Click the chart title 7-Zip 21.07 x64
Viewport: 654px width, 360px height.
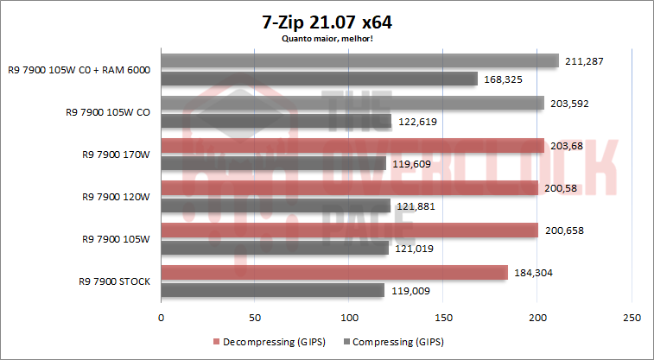(x=326, y=21)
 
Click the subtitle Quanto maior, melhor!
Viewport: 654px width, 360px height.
(x=326, y=37)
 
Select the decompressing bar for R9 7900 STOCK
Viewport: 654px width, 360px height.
(x=333, y=273)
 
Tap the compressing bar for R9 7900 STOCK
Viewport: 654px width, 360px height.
(x=272, y=291)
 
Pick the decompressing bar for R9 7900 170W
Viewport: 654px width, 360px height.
(x=352, y=146)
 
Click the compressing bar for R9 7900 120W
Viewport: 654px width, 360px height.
(x=276, y=205)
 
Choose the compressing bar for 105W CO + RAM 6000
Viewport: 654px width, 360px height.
(x=319, y=79)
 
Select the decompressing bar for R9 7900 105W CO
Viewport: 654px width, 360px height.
(x=352, y=104)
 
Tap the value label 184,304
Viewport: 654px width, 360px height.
(x=530, y=273)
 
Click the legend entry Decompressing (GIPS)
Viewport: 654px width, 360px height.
(x=270, y=342)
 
